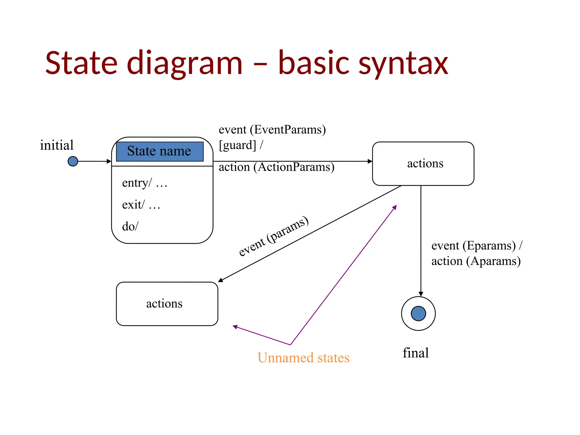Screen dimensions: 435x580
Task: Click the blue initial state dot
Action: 73,161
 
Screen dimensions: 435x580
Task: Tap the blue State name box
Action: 160,151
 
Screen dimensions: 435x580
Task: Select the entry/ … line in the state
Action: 144,183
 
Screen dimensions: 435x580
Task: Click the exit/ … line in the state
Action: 141,205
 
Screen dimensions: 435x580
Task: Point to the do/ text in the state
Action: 130,227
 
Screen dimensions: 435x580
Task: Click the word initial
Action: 57,145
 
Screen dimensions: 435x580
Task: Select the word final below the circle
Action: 415,353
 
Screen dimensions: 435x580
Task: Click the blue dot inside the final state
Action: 418,314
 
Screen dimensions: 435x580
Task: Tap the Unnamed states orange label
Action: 303,358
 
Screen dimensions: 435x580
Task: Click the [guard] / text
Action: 241,145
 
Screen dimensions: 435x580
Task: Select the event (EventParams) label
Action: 272,130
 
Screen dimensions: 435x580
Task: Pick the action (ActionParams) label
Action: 276,167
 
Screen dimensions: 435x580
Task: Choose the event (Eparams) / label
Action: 477,246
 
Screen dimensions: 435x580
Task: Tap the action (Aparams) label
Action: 476,261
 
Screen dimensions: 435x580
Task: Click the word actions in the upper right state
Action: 425,164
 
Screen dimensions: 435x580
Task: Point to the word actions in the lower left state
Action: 164,304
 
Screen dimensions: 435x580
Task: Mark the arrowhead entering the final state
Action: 421,294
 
